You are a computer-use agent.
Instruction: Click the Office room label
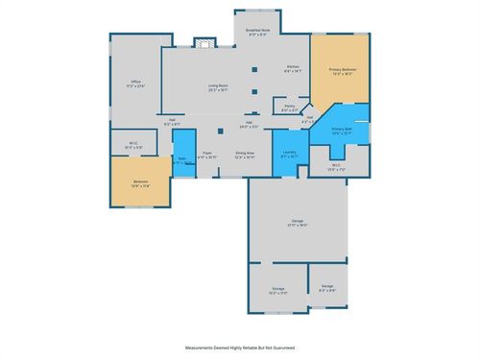(135, 84)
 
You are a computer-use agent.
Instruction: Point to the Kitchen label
(292, 67)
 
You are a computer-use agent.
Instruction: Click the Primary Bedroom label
(343, 70)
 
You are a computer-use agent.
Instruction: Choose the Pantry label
(289, 108)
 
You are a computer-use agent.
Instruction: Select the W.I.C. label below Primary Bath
(336, 167)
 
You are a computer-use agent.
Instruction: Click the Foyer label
(206, 155)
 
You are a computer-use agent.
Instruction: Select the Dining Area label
(245, 155)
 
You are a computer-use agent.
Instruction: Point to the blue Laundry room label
(288, 154)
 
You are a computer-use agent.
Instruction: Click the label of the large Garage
(298, 223)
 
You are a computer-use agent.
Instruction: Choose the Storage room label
(278, 290)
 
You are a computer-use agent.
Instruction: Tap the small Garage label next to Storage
(327, 287)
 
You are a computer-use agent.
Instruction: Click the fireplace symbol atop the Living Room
(203, 42)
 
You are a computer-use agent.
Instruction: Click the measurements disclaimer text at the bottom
(239, 347)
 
